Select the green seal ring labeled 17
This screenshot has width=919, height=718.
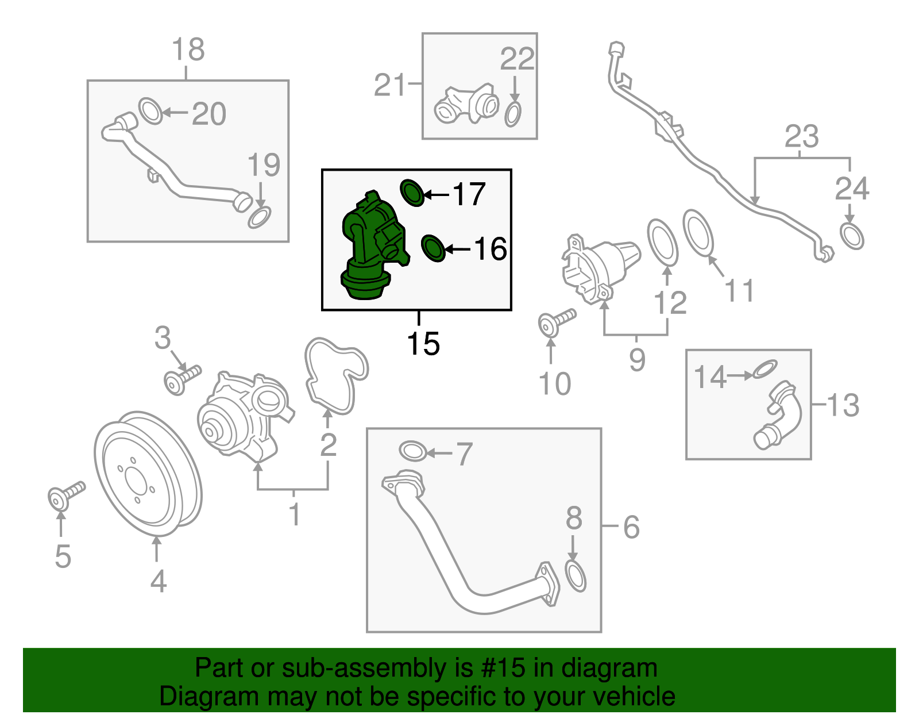click(412, 193)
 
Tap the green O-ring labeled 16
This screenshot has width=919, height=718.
click(433, 248)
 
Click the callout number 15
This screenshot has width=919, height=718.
click(423, 344)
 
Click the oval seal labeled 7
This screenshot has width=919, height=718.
click(412, 451)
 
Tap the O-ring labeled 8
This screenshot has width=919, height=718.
click(576, 577)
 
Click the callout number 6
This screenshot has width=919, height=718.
click(631, 527)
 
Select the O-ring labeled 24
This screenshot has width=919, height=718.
click(851, 236)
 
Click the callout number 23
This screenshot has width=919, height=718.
click(801, 137)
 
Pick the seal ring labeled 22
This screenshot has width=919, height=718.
click(513, 114)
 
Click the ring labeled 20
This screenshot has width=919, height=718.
click(150, 111)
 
